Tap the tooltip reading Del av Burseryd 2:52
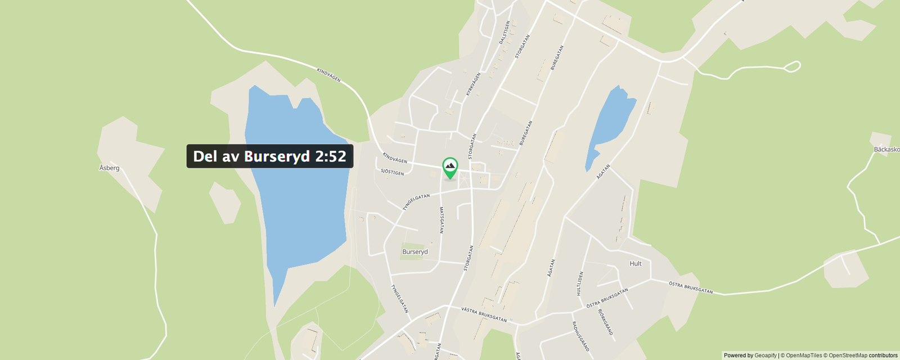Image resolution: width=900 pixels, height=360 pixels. (269, 156)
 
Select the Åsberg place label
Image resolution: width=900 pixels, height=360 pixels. (109, 168)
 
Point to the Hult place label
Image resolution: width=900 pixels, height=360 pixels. (636, 263)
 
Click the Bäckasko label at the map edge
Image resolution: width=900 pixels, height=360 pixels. (886, 150)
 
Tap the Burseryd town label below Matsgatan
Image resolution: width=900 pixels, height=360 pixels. (415, 252)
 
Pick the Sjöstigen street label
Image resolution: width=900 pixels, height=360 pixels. (392, 172)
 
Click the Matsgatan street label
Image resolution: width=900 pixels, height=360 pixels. (442, 220)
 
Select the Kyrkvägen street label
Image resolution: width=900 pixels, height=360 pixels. (473, 84)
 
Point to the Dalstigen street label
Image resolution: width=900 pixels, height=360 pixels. (504, 33)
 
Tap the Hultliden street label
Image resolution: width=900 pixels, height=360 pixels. (579, 283)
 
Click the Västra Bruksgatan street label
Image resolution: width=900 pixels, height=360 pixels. (484, 314)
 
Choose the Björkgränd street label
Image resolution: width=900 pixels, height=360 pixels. (605, 322)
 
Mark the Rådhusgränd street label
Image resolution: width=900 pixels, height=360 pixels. (580, 336)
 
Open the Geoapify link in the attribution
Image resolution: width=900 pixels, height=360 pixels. (765, 355)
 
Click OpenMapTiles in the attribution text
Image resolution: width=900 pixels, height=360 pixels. (804, 355)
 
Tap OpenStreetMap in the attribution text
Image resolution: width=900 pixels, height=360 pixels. (848, 355)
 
